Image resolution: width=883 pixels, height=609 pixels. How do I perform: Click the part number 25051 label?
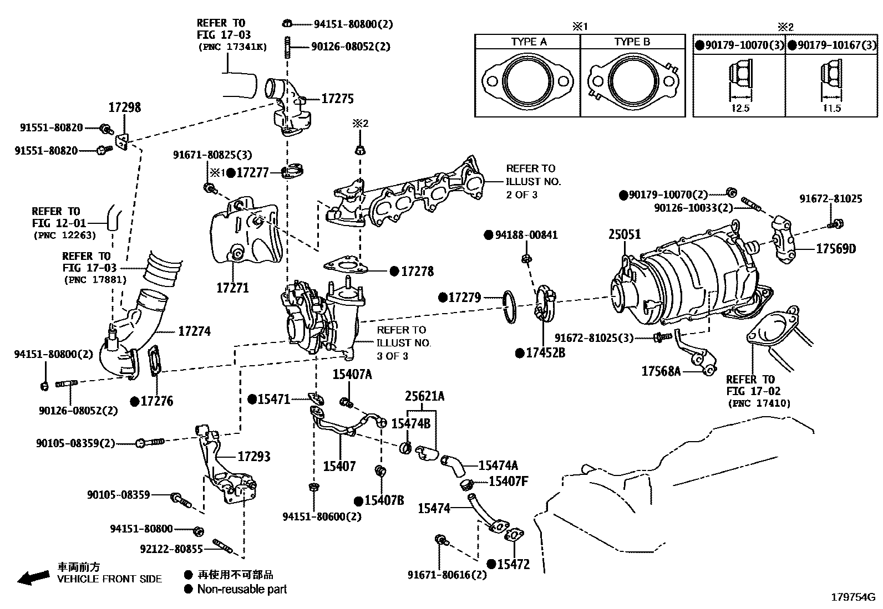[624, 234]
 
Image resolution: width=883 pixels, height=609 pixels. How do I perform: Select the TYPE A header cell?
[528, 42]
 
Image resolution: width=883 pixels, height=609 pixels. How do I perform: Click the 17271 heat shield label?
[232, 288]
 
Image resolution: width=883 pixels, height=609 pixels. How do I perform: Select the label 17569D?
[835, 249]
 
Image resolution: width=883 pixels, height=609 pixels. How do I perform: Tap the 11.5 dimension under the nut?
[832, 109]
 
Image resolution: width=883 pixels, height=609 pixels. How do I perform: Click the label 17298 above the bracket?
[124, 108]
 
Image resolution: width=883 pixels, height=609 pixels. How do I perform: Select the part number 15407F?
[508, 481]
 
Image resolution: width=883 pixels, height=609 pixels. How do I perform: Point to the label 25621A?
[424, 396]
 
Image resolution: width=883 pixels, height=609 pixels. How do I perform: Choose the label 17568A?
[661, 371]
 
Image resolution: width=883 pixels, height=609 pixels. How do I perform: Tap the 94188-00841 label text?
[526, 235]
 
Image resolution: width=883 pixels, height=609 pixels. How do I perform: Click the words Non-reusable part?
[242, 590]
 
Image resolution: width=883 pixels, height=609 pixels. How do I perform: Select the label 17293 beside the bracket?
[254, 457]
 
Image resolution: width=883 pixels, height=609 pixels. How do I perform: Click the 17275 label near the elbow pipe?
[337, 99]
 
